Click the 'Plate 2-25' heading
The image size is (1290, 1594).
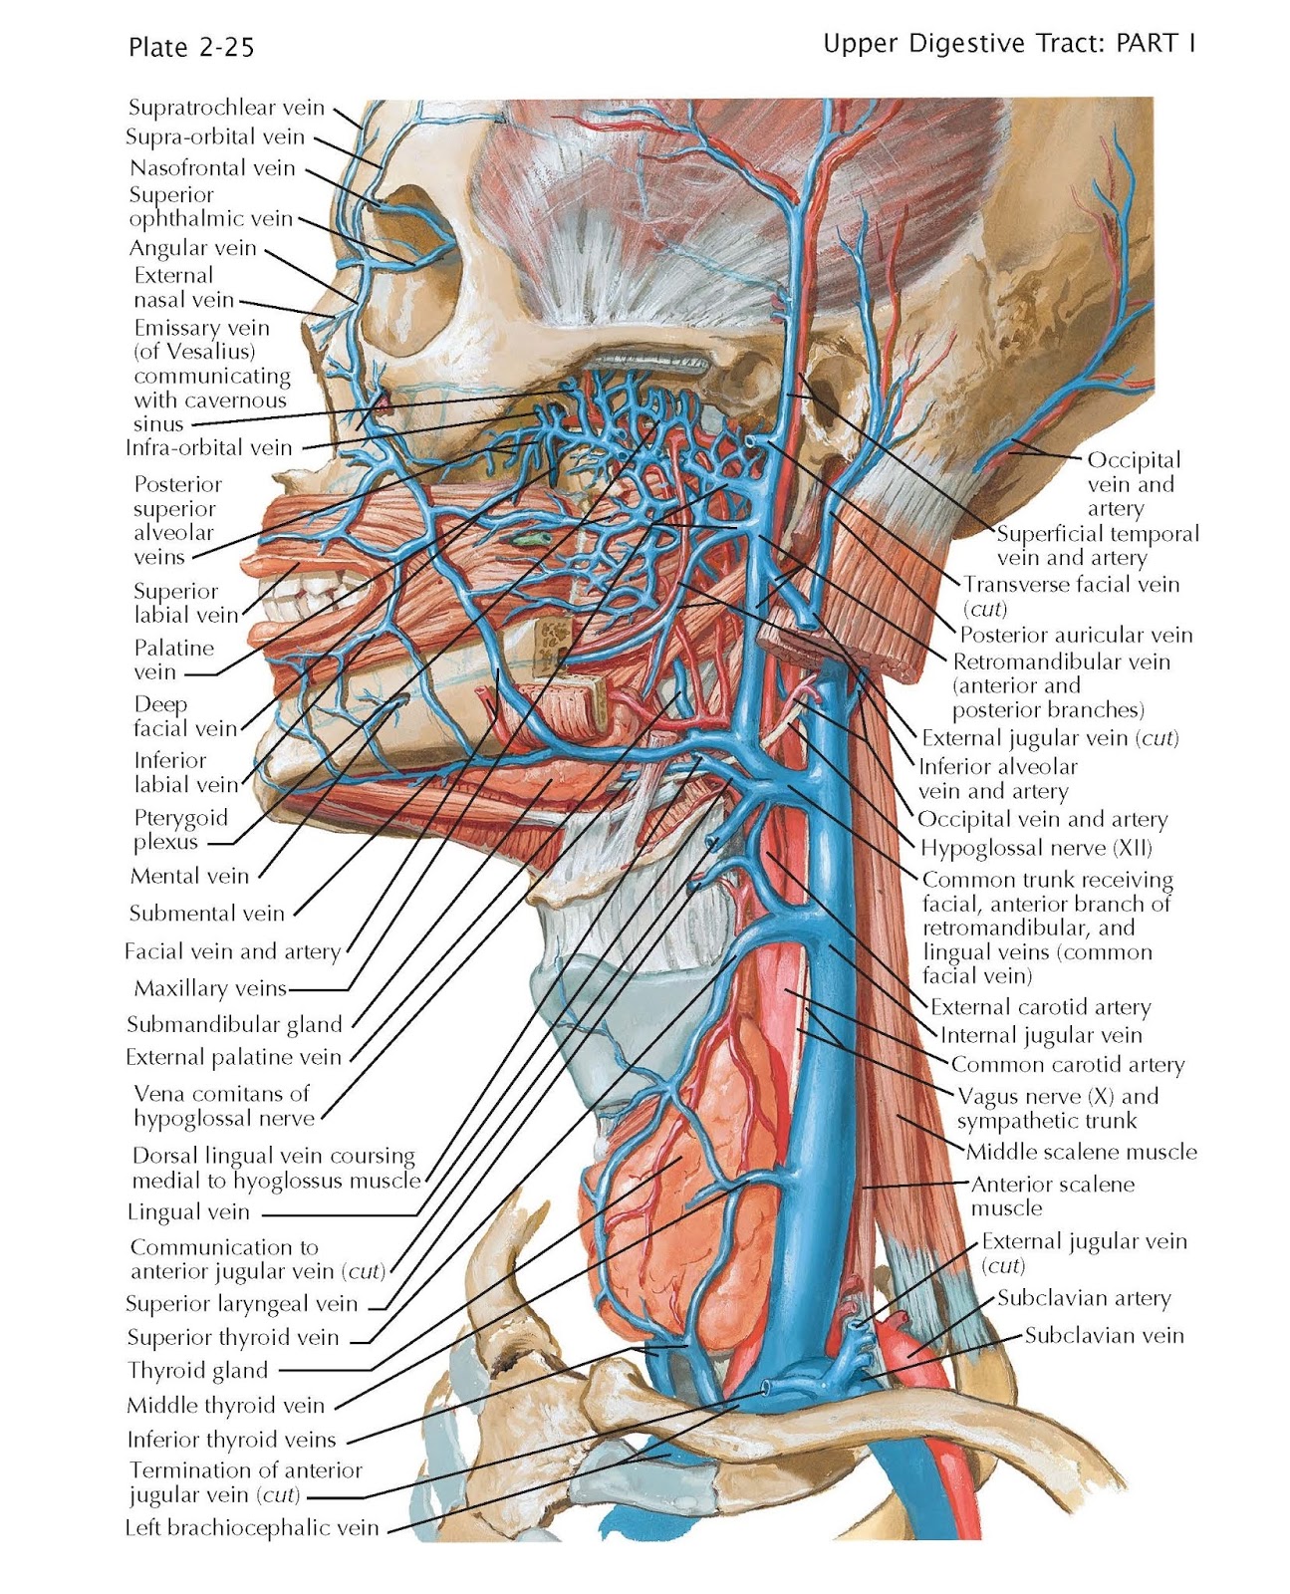[x=191, y=47]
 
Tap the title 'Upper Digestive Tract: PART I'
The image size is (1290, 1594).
[x=1008, y=44]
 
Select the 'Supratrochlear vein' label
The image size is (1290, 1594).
[x=226, y=108]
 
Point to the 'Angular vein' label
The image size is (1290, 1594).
[x=193, y=248]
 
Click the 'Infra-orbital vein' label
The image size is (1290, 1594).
[x=209, y=448]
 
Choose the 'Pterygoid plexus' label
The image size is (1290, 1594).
[x=181, y=830]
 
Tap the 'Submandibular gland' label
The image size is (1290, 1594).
[x=234, y=1024]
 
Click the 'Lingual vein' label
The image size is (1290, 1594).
[x=188, y=1212]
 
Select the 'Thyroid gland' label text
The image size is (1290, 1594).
[x=197, y=1371]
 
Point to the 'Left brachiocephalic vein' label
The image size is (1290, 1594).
[x=251, y=1528]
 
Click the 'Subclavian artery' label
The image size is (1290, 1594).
[x=1084, y=1298]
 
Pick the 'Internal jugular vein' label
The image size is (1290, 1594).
[x=1041, y=1036]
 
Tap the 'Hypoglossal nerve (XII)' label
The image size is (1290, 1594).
[x=1036, y=849]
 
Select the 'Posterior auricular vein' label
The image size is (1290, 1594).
[x=1076, y=635]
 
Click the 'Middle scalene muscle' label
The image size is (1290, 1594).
[x=1081, y=1153]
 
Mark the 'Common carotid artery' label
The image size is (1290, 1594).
[x=1067, y=1065]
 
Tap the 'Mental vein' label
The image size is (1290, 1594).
[x=189, y=877]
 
